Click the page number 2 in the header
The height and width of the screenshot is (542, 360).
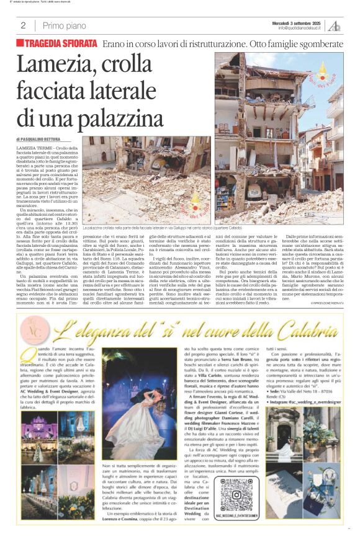pyautogui.click(x=23, y=25)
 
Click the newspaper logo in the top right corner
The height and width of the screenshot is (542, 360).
pyautogui.click(x=336, y=25)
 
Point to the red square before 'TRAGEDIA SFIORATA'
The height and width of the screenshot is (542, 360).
pyautogui.click(x=20, y=43)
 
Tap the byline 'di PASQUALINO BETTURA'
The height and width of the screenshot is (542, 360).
pyautogui.click(x=41, y=139)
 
